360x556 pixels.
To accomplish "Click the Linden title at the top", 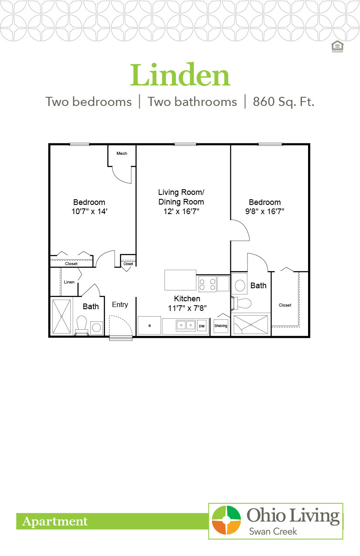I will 180,75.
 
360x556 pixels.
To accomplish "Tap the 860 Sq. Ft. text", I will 283,102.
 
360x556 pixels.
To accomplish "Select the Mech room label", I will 122,153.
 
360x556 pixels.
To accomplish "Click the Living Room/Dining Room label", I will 181,197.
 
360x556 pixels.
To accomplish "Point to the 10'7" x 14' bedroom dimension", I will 89,211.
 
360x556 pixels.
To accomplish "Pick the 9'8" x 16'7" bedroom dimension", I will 265,211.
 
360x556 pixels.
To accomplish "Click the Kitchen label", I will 187,299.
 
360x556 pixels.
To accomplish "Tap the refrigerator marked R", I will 149,326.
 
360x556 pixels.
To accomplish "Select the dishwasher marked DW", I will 202,326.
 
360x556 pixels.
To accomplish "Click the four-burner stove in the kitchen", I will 207,284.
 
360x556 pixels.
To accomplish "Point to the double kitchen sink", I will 186,325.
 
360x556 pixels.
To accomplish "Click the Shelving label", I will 221,326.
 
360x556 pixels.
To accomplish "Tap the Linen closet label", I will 69,282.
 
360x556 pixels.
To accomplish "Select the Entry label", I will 120,304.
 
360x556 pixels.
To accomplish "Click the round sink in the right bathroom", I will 240,285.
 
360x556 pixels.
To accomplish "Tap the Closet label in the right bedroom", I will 285,305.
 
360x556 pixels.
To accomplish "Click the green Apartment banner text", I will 55,522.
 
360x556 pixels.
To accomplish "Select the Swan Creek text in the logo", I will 273,531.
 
